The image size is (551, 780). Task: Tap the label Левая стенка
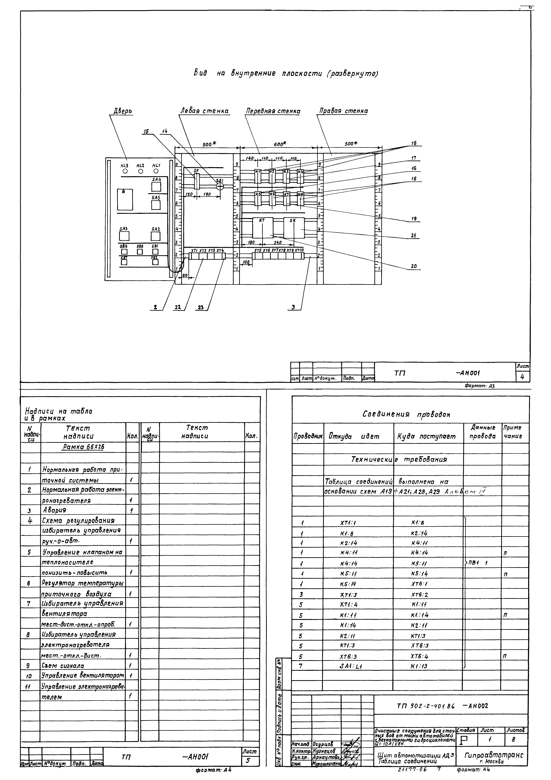click(204, 111)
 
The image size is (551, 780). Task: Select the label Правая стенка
click(344, 111)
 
